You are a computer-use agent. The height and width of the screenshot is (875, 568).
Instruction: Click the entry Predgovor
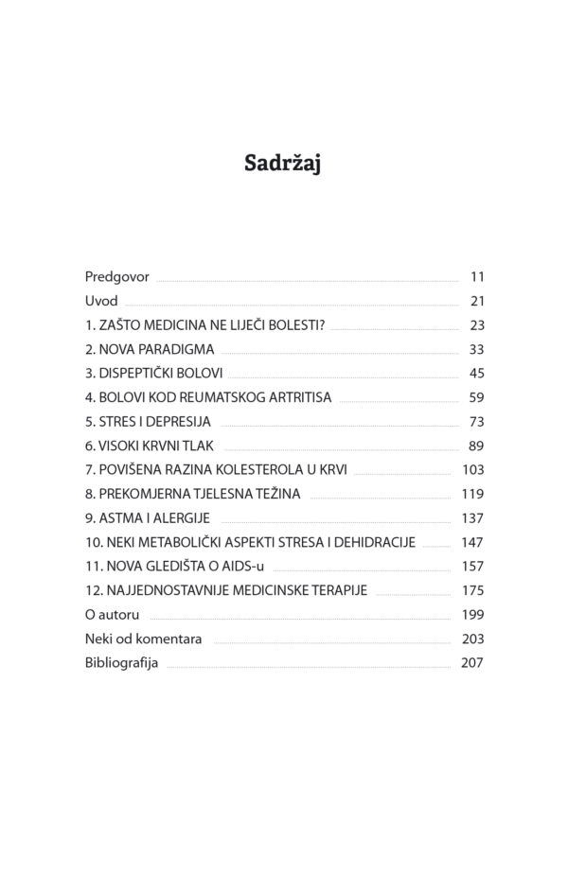116,277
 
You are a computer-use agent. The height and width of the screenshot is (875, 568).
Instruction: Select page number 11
476,277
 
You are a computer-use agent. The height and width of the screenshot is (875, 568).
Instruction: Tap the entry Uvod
101,302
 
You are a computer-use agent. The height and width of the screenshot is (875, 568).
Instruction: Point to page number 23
476,325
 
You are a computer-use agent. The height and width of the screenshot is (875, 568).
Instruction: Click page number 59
476,397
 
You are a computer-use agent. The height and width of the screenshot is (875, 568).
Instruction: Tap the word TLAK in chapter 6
202,446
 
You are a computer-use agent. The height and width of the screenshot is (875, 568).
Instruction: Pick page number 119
472,494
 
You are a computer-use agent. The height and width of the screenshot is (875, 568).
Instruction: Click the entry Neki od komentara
143,639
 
